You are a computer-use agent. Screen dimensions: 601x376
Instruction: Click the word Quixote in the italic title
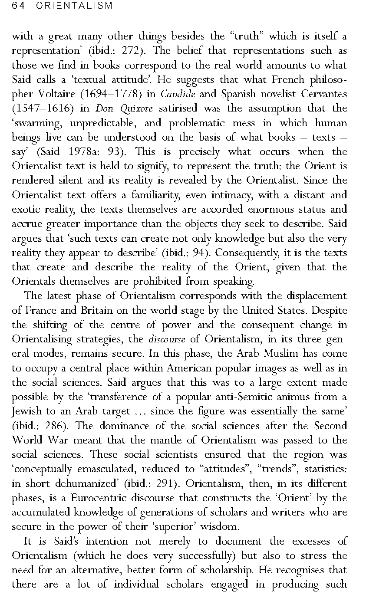[x=128, y=108]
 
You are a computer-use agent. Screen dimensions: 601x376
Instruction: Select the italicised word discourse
[x=167, y=339]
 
